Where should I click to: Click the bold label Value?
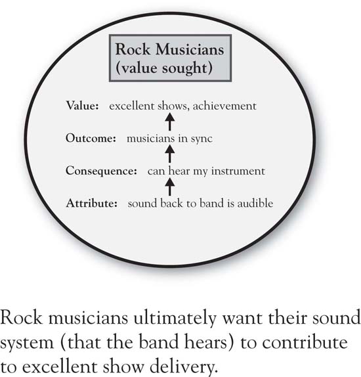83,106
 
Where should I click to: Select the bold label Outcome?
91,138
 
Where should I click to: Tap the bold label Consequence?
101,171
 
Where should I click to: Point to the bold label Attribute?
92,204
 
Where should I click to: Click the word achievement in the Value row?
224,106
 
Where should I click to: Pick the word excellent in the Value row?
131,106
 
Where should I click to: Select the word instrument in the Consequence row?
238,171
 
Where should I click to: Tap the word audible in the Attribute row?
255,203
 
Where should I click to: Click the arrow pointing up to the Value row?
170,122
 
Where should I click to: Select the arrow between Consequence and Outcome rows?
170,154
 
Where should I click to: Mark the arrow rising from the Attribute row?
170,187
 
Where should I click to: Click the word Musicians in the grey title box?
190,49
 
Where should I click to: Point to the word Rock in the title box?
133,49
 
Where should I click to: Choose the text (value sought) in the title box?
164,68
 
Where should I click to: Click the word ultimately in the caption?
175,319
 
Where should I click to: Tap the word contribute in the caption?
305,342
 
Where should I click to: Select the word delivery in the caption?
183,367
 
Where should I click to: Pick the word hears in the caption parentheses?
209,342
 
